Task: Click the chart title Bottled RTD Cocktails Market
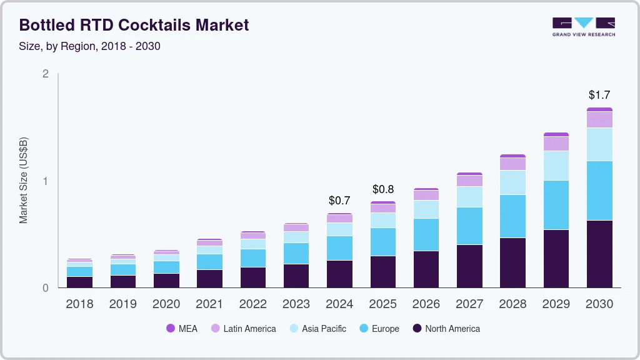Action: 134,25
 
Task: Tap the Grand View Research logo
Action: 583,27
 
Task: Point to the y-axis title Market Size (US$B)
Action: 24,181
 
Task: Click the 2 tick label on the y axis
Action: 45,74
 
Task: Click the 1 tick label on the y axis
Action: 45,181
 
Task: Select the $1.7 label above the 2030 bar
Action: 599,95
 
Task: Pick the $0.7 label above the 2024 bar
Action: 339,201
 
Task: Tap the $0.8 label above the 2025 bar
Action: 383,189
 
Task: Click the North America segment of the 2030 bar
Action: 599,254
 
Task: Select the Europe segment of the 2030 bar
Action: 599,191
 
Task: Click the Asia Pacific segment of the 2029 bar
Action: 556,166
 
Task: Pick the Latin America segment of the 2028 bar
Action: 512,164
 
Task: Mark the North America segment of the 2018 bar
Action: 80,282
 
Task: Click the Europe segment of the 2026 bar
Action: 426,234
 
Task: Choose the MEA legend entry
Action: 182,329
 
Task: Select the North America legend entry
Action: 446,329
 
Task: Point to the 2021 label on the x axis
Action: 210,304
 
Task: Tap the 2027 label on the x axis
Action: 469,304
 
